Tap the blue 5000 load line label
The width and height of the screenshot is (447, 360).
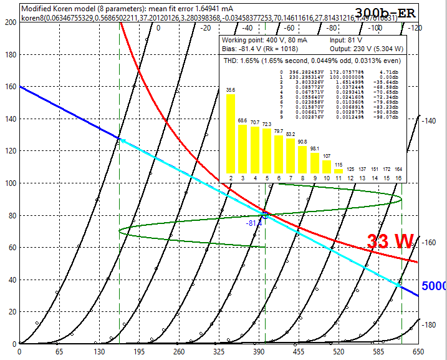coord(433,286)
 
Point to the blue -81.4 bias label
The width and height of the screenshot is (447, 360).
coord(254,223)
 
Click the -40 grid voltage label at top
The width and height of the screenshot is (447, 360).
coord(248,28)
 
